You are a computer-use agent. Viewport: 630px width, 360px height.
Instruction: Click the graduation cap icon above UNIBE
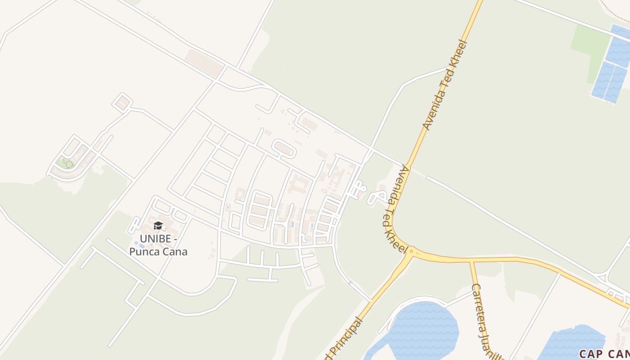(158, 225)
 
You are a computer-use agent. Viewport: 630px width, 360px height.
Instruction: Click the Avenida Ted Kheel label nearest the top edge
(445, 85)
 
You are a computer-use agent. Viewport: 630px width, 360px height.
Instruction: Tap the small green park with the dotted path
(65, 163)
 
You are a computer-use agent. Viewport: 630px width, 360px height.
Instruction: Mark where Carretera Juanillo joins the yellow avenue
(471, 261)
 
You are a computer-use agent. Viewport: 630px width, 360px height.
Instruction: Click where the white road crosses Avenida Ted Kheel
(407, 166)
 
